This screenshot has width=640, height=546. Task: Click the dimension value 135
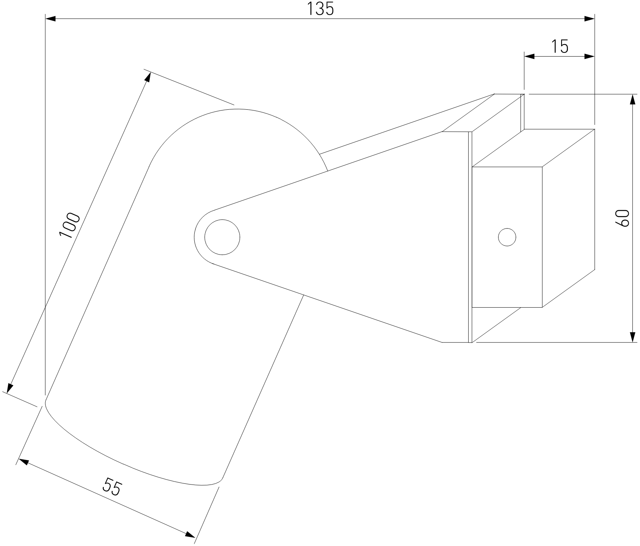point(320,9)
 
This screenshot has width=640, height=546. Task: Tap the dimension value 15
point(560,47)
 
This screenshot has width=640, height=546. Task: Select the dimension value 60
point(622,218)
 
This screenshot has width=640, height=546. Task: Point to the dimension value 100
point(70,225)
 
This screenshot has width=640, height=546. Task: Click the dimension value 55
point(112,487)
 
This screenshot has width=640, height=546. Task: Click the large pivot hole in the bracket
point(222,237)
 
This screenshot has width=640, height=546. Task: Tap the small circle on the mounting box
point(507,237)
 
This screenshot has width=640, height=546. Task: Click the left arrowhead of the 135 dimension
point(51,18)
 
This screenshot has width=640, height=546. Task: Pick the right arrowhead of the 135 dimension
point(589,18)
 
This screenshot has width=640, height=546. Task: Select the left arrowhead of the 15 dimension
point(530,57)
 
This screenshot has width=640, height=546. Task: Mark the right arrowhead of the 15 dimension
point(589,57)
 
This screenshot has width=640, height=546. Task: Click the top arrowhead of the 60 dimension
point(633,100)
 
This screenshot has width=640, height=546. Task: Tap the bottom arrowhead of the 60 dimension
point(633,337)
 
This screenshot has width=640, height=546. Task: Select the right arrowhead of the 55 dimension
point(190,534)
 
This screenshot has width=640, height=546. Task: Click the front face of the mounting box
point(507,237)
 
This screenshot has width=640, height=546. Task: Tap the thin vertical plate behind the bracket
point(470,237)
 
